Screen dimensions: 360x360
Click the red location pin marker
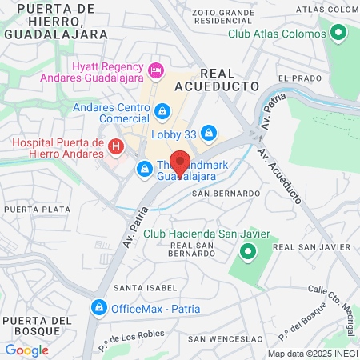pyautogui.click(x=180, y=163)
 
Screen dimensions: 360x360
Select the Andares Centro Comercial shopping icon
pyautogui.click(x=162, y=110)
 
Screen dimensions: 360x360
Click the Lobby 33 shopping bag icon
pyautogui.click(x=209, y=130)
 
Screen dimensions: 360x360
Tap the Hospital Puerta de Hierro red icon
pyautogui.click(x=116, y=146)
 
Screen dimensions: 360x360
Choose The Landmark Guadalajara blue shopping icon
pyautogui.click(x=144, y=168)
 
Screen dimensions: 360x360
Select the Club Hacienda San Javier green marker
pyautogui.click(x=247, y=254)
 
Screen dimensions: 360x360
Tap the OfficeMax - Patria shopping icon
pyautogui.click(x=98, y=306)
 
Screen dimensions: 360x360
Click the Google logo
pyautogui.click(x=26, y=350)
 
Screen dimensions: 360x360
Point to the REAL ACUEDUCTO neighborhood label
pyautogui.click(x=225, y=78)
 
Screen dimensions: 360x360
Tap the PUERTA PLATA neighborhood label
pyautogui.click(x=33, y=209)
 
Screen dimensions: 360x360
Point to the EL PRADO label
pyautogui.click(x=299, y=78)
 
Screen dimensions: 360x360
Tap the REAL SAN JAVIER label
pyautogui.click(x=301, y=249)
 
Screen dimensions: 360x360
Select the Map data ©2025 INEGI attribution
pyautogui.click(x=312, y=353)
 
